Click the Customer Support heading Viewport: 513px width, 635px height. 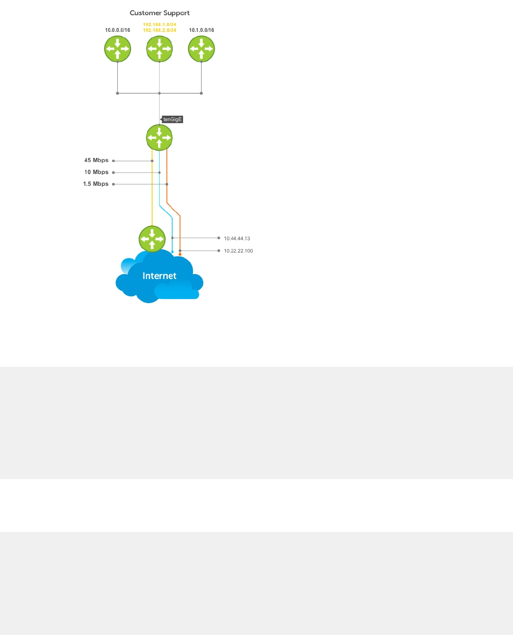(160, 13)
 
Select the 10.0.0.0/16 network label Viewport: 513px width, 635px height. (118, 30)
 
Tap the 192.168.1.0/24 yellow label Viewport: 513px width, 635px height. (160, 25)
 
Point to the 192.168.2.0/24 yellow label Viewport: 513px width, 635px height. (160, 30)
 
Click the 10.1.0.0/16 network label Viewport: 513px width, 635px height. (201, 30)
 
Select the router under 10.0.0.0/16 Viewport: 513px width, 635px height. (118, 49)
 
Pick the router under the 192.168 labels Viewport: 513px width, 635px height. (160, 49)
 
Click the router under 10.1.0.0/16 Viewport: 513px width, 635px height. (201, 49)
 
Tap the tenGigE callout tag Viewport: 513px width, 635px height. (172, 120)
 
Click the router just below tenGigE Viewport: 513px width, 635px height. (160, 138)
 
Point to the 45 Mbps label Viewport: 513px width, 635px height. (96, 160)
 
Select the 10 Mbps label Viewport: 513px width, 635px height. (96, 172)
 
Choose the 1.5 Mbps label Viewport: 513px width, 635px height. (96, 184)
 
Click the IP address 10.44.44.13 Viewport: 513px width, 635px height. (237, 238)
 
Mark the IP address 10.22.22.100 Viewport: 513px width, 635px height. (238, 251)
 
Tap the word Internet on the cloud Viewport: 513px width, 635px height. (159, 276)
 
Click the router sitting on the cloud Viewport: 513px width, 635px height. (152, 239)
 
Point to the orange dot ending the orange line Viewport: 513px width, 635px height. (180, 254)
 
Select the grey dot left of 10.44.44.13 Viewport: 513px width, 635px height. (219, 238)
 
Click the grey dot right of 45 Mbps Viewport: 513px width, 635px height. (113, 161)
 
